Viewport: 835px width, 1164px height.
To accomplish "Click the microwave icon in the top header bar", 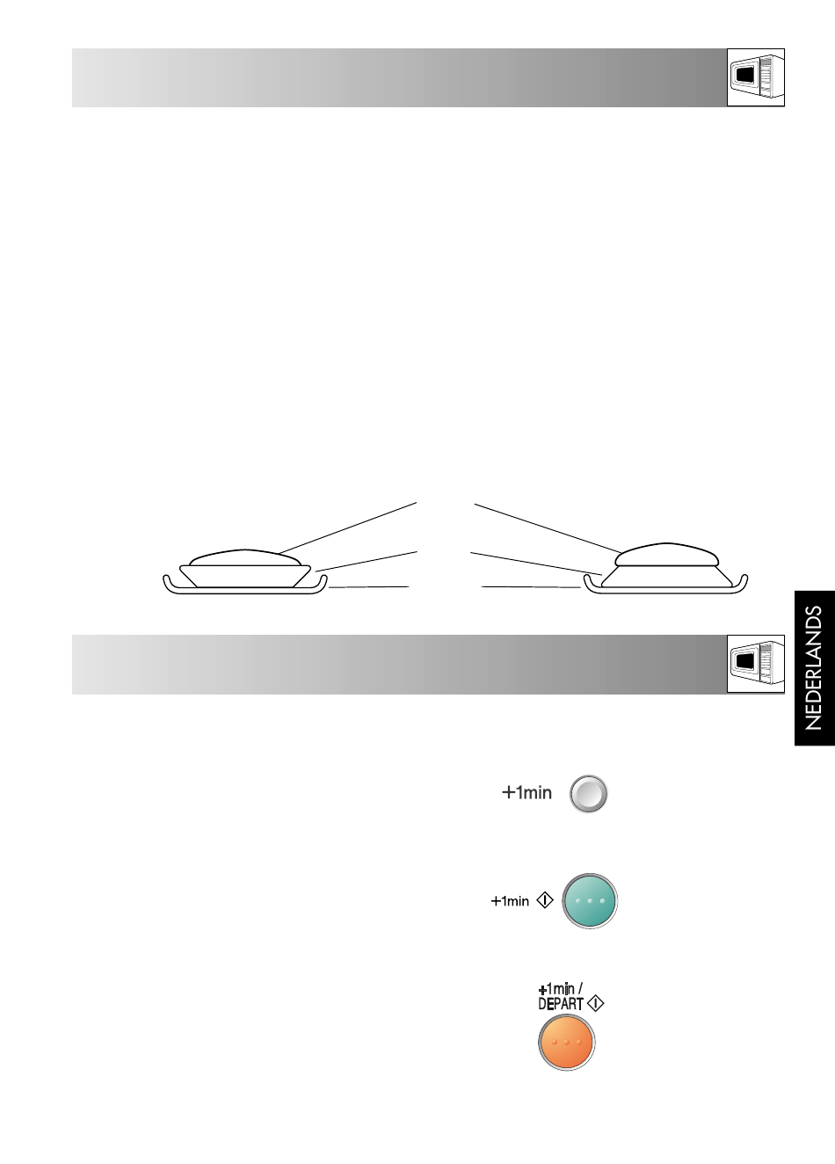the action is coord(756,77).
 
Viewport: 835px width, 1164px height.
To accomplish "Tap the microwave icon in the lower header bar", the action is coord(756,664).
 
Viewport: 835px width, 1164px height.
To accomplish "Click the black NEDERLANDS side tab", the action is coord(815,668).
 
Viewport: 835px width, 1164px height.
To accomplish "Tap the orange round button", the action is coord(566,1042).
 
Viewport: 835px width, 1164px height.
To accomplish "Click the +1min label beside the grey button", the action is coord(526,792).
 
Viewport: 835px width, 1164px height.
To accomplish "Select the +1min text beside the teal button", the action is coord(510,900).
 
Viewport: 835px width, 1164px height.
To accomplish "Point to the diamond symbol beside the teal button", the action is coord(545,900).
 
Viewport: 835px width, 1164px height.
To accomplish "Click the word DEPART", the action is coord(561,1004).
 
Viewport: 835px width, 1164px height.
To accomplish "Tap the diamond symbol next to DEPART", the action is coord(595,1003).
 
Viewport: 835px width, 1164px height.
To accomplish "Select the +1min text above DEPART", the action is coord(560,988).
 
